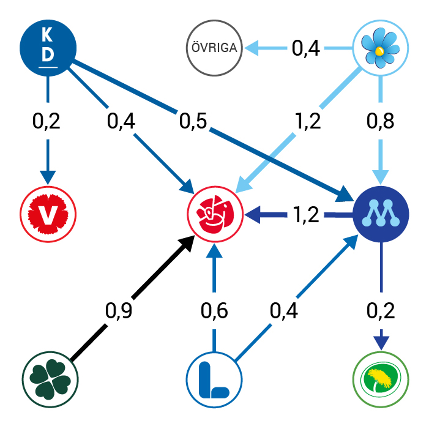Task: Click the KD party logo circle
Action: [x=48, y=48]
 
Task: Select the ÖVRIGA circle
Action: [x=214, y=48]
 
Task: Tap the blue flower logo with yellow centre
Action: [x=380, y=48]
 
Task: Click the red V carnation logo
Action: [x=48, y=214]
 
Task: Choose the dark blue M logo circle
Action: [x=381, y=214]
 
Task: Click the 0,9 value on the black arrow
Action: [x=119, y=311]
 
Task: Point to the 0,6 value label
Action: [x=214, y=311]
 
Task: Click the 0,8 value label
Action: [x=380, y=121]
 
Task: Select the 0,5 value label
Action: [x=193, y=121]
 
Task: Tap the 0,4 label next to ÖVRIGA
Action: [x=306, y=48]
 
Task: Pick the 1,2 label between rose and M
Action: [x=306, y=214]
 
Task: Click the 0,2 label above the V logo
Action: [x=46, y=121]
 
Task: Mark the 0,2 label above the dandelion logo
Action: [x=381, y=311]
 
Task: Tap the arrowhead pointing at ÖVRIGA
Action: [x=252, y=48]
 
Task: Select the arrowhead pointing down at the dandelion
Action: [x=381, y=343]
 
